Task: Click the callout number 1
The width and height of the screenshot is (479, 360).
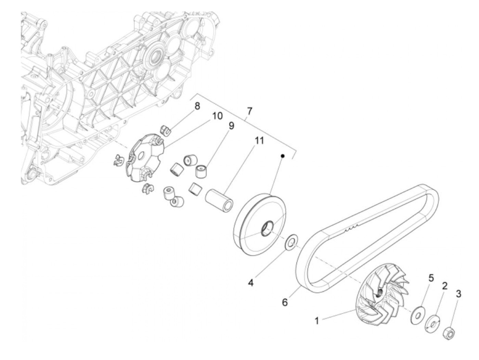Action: pos(317,321)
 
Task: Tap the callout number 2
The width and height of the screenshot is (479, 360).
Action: pos(444,286)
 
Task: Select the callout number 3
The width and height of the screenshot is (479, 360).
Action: pos(458,294)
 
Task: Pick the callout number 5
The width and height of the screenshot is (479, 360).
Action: pos(431,278)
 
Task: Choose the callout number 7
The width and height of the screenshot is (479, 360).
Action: pos(249,111)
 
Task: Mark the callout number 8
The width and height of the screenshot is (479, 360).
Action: pos(197,106)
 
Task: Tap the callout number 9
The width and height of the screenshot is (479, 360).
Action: pos(231,126)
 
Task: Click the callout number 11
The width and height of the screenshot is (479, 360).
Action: pos(259,140)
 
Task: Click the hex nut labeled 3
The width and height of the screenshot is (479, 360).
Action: pos(448,333)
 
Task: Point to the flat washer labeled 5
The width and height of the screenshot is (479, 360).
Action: pos(416,313)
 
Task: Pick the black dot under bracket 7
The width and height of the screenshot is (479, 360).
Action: pos(283,156)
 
